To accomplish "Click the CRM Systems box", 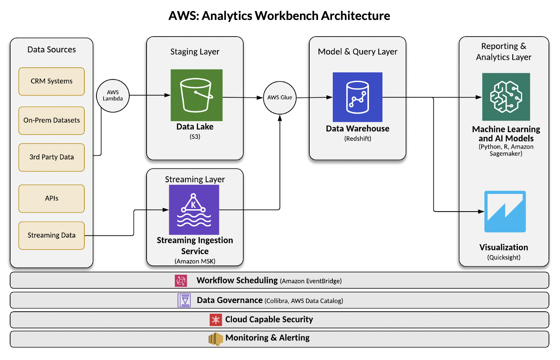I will click(51, 81).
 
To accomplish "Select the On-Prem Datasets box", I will click(51, 120).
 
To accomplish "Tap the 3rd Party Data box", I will click(51, 157).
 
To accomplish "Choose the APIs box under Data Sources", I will click(51, 198).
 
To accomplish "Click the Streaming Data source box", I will click(51, 235).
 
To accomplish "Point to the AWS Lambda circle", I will click(113, 96).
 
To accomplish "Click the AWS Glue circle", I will click(280, 98).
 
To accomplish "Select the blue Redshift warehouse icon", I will click(357, 97).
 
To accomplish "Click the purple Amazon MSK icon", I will click(194, 209).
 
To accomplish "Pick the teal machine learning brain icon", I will click(506, 96).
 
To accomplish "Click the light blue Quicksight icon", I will click(505, 211).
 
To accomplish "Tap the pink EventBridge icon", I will click(181, 281).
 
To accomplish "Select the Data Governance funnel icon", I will click(185, 300).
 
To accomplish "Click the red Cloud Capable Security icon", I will click(215, 320).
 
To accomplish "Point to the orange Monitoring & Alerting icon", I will click(216, 339).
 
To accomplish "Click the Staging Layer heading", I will click(195, 51).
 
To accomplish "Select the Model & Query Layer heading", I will click(357, 51).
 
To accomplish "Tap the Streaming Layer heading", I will click(195, 179).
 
